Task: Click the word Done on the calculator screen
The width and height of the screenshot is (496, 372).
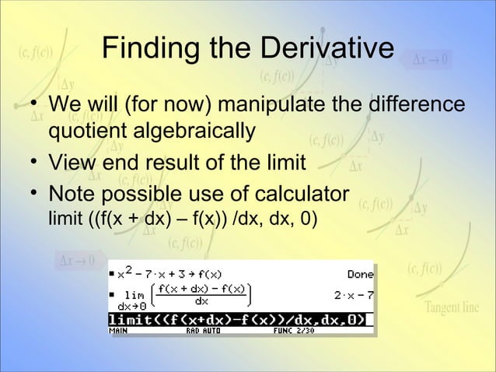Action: coord(359,274)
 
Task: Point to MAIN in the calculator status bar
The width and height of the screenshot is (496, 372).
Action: coord(120,330)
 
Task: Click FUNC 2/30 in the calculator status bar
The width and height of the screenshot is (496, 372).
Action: coord(293,330)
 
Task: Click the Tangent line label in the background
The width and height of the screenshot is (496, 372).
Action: coord(452,307)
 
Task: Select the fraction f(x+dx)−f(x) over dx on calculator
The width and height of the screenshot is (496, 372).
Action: coord(201,295)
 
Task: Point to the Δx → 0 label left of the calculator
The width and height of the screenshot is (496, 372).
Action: coord(77,259)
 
